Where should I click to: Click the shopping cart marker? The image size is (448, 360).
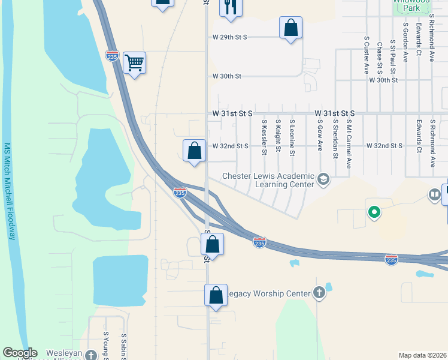point(135,62)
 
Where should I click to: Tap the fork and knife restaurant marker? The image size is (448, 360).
point(230,7)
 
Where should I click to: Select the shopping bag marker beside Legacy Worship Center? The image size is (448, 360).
point(216,295)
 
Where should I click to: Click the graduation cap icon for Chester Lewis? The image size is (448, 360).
point(323,179)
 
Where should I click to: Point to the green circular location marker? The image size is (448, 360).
point(374,212)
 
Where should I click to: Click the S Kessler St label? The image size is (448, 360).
point(264,137)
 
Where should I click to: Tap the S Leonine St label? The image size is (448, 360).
point(292,137)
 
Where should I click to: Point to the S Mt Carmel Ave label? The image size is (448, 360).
point(349,143)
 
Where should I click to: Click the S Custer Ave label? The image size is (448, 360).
point(366,55)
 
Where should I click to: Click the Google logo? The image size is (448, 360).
point(20,353)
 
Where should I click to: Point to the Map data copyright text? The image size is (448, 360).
point(423,355)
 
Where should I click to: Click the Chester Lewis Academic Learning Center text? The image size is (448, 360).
point(268,180)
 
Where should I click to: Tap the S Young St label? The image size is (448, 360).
point(106,346)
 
